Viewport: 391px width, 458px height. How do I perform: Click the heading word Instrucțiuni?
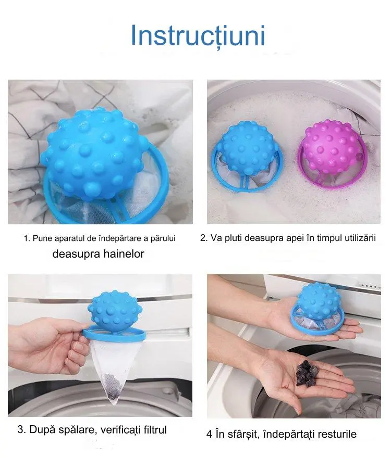point(198,36)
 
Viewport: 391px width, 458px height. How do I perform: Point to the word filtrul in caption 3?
point(155,430)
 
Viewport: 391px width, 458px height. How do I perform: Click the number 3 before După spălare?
point(20,430)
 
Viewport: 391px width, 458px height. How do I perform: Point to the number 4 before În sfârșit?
point(209,434)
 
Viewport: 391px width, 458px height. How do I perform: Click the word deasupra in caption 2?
point(261,238)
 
